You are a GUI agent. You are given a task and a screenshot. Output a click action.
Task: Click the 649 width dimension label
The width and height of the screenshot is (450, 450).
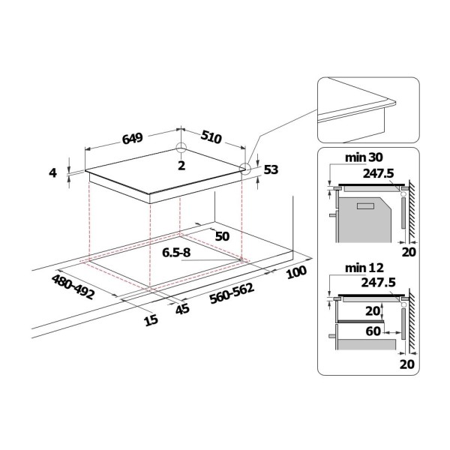click(x=132, y=138)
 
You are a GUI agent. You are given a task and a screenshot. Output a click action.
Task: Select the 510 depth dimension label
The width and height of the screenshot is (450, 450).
click(x=211, y=136)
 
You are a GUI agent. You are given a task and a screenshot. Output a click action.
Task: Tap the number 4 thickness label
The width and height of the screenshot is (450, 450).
click(x=52, y=172)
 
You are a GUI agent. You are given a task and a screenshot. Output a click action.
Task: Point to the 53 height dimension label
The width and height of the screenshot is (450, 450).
click(x=271, y=169)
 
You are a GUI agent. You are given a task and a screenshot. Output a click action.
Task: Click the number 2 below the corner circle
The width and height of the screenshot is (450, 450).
click(x=181, y=166)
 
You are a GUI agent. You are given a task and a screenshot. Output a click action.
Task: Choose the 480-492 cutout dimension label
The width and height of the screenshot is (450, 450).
click(x=73, y=286)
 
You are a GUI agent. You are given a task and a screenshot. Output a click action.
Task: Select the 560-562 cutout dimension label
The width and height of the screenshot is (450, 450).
click(x=232, y=293)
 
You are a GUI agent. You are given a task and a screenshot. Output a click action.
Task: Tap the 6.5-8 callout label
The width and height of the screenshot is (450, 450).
click(x=176, y=253)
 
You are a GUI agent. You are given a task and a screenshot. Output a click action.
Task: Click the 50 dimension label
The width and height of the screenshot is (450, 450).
click(x=223, y=236)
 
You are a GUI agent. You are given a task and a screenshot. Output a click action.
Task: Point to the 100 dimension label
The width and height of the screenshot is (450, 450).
click(x=296, y=272)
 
